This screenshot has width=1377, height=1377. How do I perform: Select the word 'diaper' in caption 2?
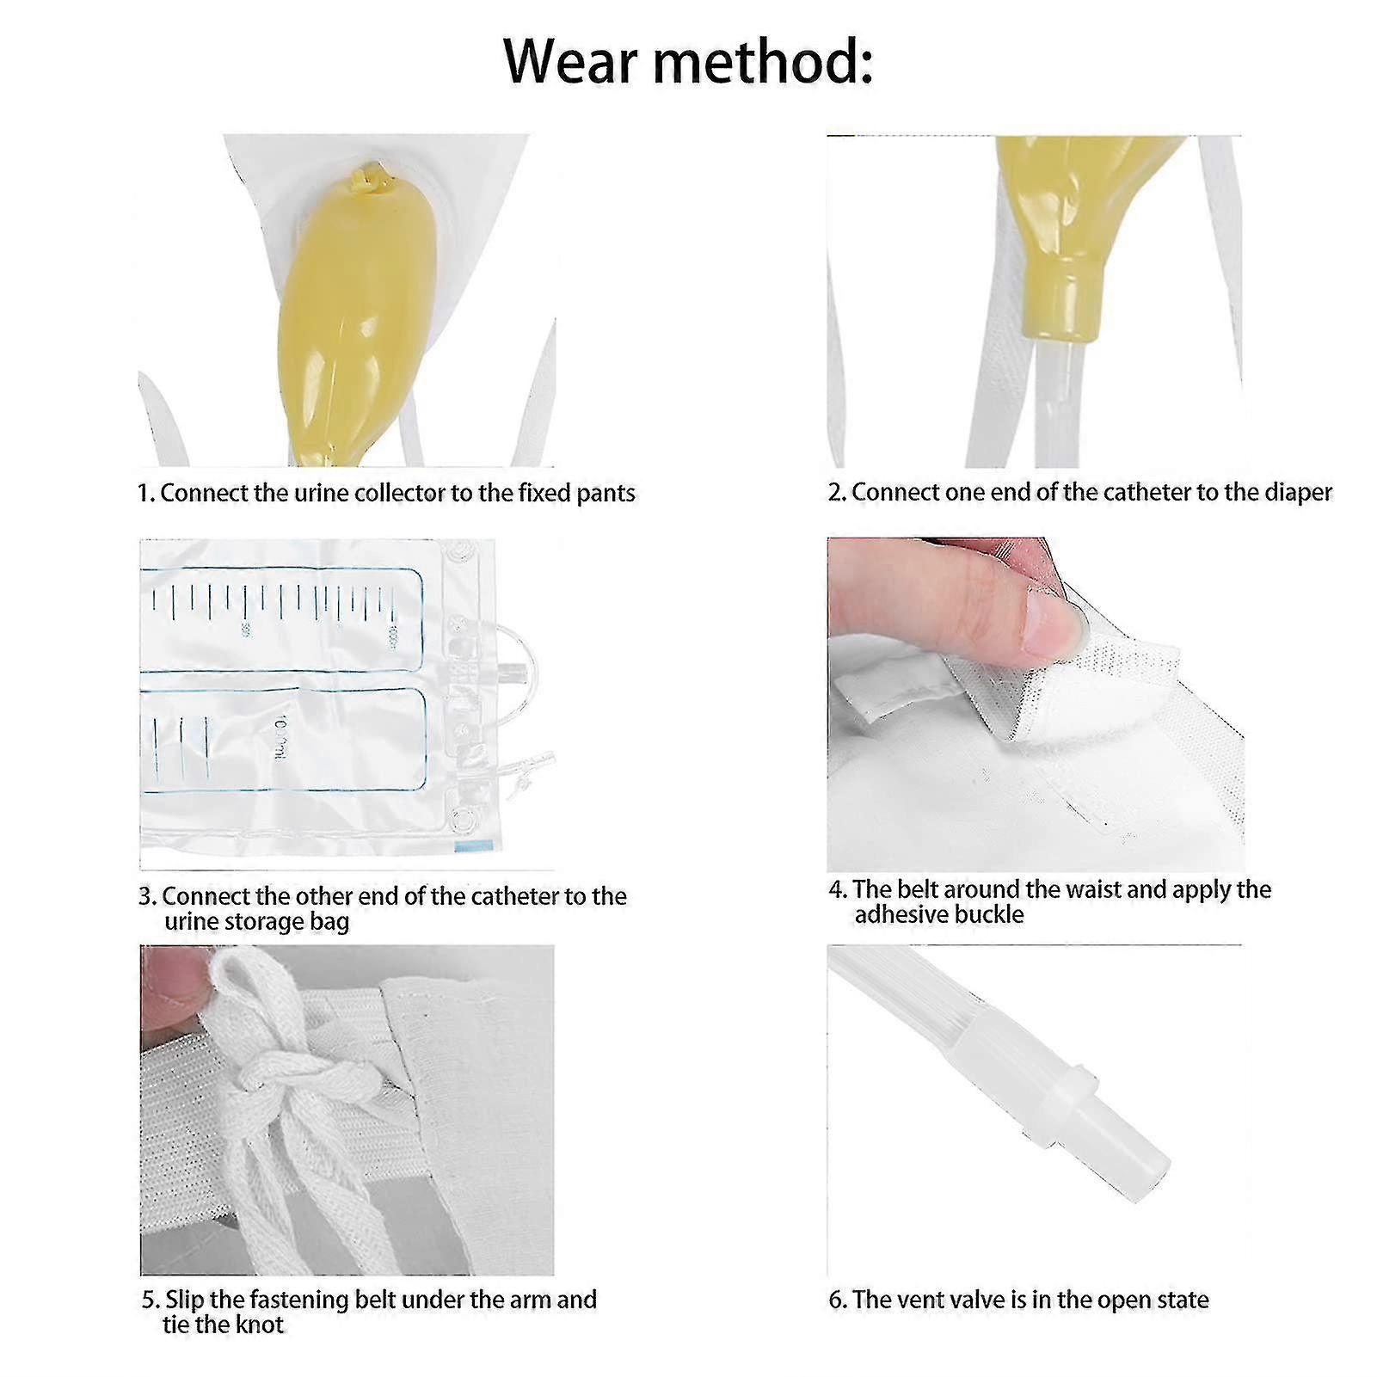tap(1298, 492)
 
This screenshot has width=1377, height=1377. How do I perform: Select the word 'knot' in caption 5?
tap(259, 1325)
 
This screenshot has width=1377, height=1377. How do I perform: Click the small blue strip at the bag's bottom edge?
tap(470, 847)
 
